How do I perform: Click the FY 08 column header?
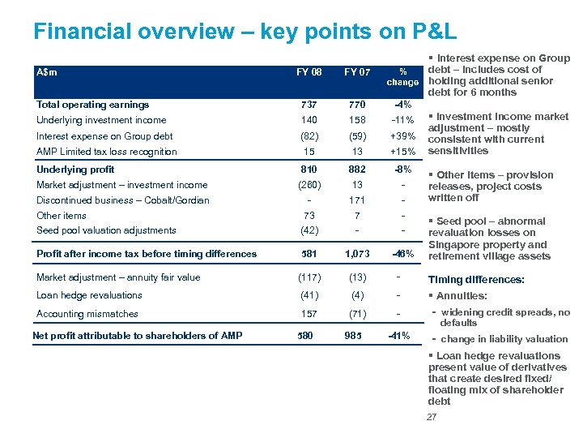click(x=309, y=71)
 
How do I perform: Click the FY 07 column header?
click(x=356, y=71)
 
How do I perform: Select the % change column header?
click(x=402, y=77)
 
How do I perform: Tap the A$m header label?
click(x=47, y=71)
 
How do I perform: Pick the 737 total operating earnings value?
click(x=309, y=105)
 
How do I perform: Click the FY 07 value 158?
click(x=356, y=120)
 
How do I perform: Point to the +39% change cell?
click(x=402, y=136)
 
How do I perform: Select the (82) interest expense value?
click(x=309, y=136)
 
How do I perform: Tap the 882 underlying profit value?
click(x=356, y=170)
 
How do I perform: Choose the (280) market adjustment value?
click(x=309, y=185)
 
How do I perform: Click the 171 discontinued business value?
click(x=356, y=200)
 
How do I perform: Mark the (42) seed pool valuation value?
click(x=309, y=230)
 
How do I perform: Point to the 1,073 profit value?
click(x=356, y=254)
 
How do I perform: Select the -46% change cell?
click(x=402, y=254)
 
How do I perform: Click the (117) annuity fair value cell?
click(x=309, y=277)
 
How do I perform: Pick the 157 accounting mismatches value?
click(x=309, y=314)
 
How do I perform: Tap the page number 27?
click(x=431, y=417)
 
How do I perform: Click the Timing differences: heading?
click(x=476, y=280)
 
